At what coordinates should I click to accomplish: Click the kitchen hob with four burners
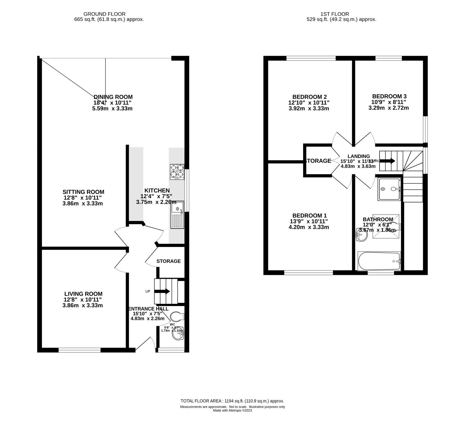tap(177, 172)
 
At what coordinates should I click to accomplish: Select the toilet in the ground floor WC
tap(177, 316)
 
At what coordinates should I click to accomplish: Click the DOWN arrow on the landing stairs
tap(388, 161)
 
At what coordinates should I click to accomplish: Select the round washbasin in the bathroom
tap(361, 235)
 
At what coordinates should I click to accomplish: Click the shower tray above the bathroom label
tap(389, 189)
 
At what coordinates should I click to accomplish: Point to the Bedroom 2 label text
tap(310, 97)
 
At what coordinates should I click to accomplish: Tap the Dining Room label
tap(113, 97)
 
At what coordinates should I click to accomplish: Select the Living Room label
tap(83, 294)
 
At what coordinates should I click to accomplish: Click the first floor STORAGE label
tap(318, 161)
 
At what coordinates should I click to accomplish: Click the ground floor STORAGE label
tap(169, 261)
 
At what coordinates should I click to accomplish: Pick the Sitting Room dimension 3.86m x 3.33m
tap(83, 204)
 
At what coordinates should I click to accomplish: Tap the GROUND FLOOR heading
tap(104, 14)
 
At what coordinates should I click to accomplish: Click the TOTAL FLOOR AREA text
tap(232, 401)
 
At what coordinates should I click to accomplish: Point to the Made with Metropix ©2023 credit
tap(232, 410)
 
